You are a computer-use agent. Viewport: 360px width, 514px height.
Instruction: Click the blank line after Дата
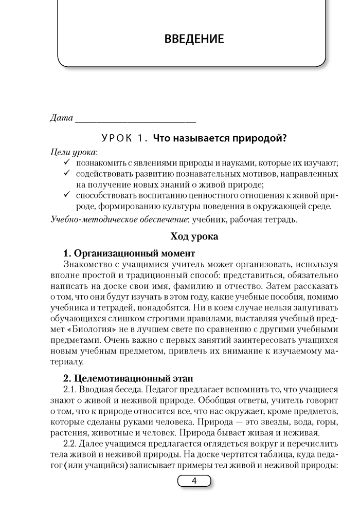coord(135,120)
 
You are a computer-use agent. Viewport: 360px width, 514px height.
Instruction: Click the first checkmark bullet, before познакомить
coord(66,163)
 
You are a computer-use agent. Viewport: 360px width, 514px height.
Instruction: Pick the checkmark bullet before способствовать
coord(66,196)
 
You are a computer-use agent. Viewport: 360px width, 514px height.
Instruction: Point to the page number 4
coord(194,481)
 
